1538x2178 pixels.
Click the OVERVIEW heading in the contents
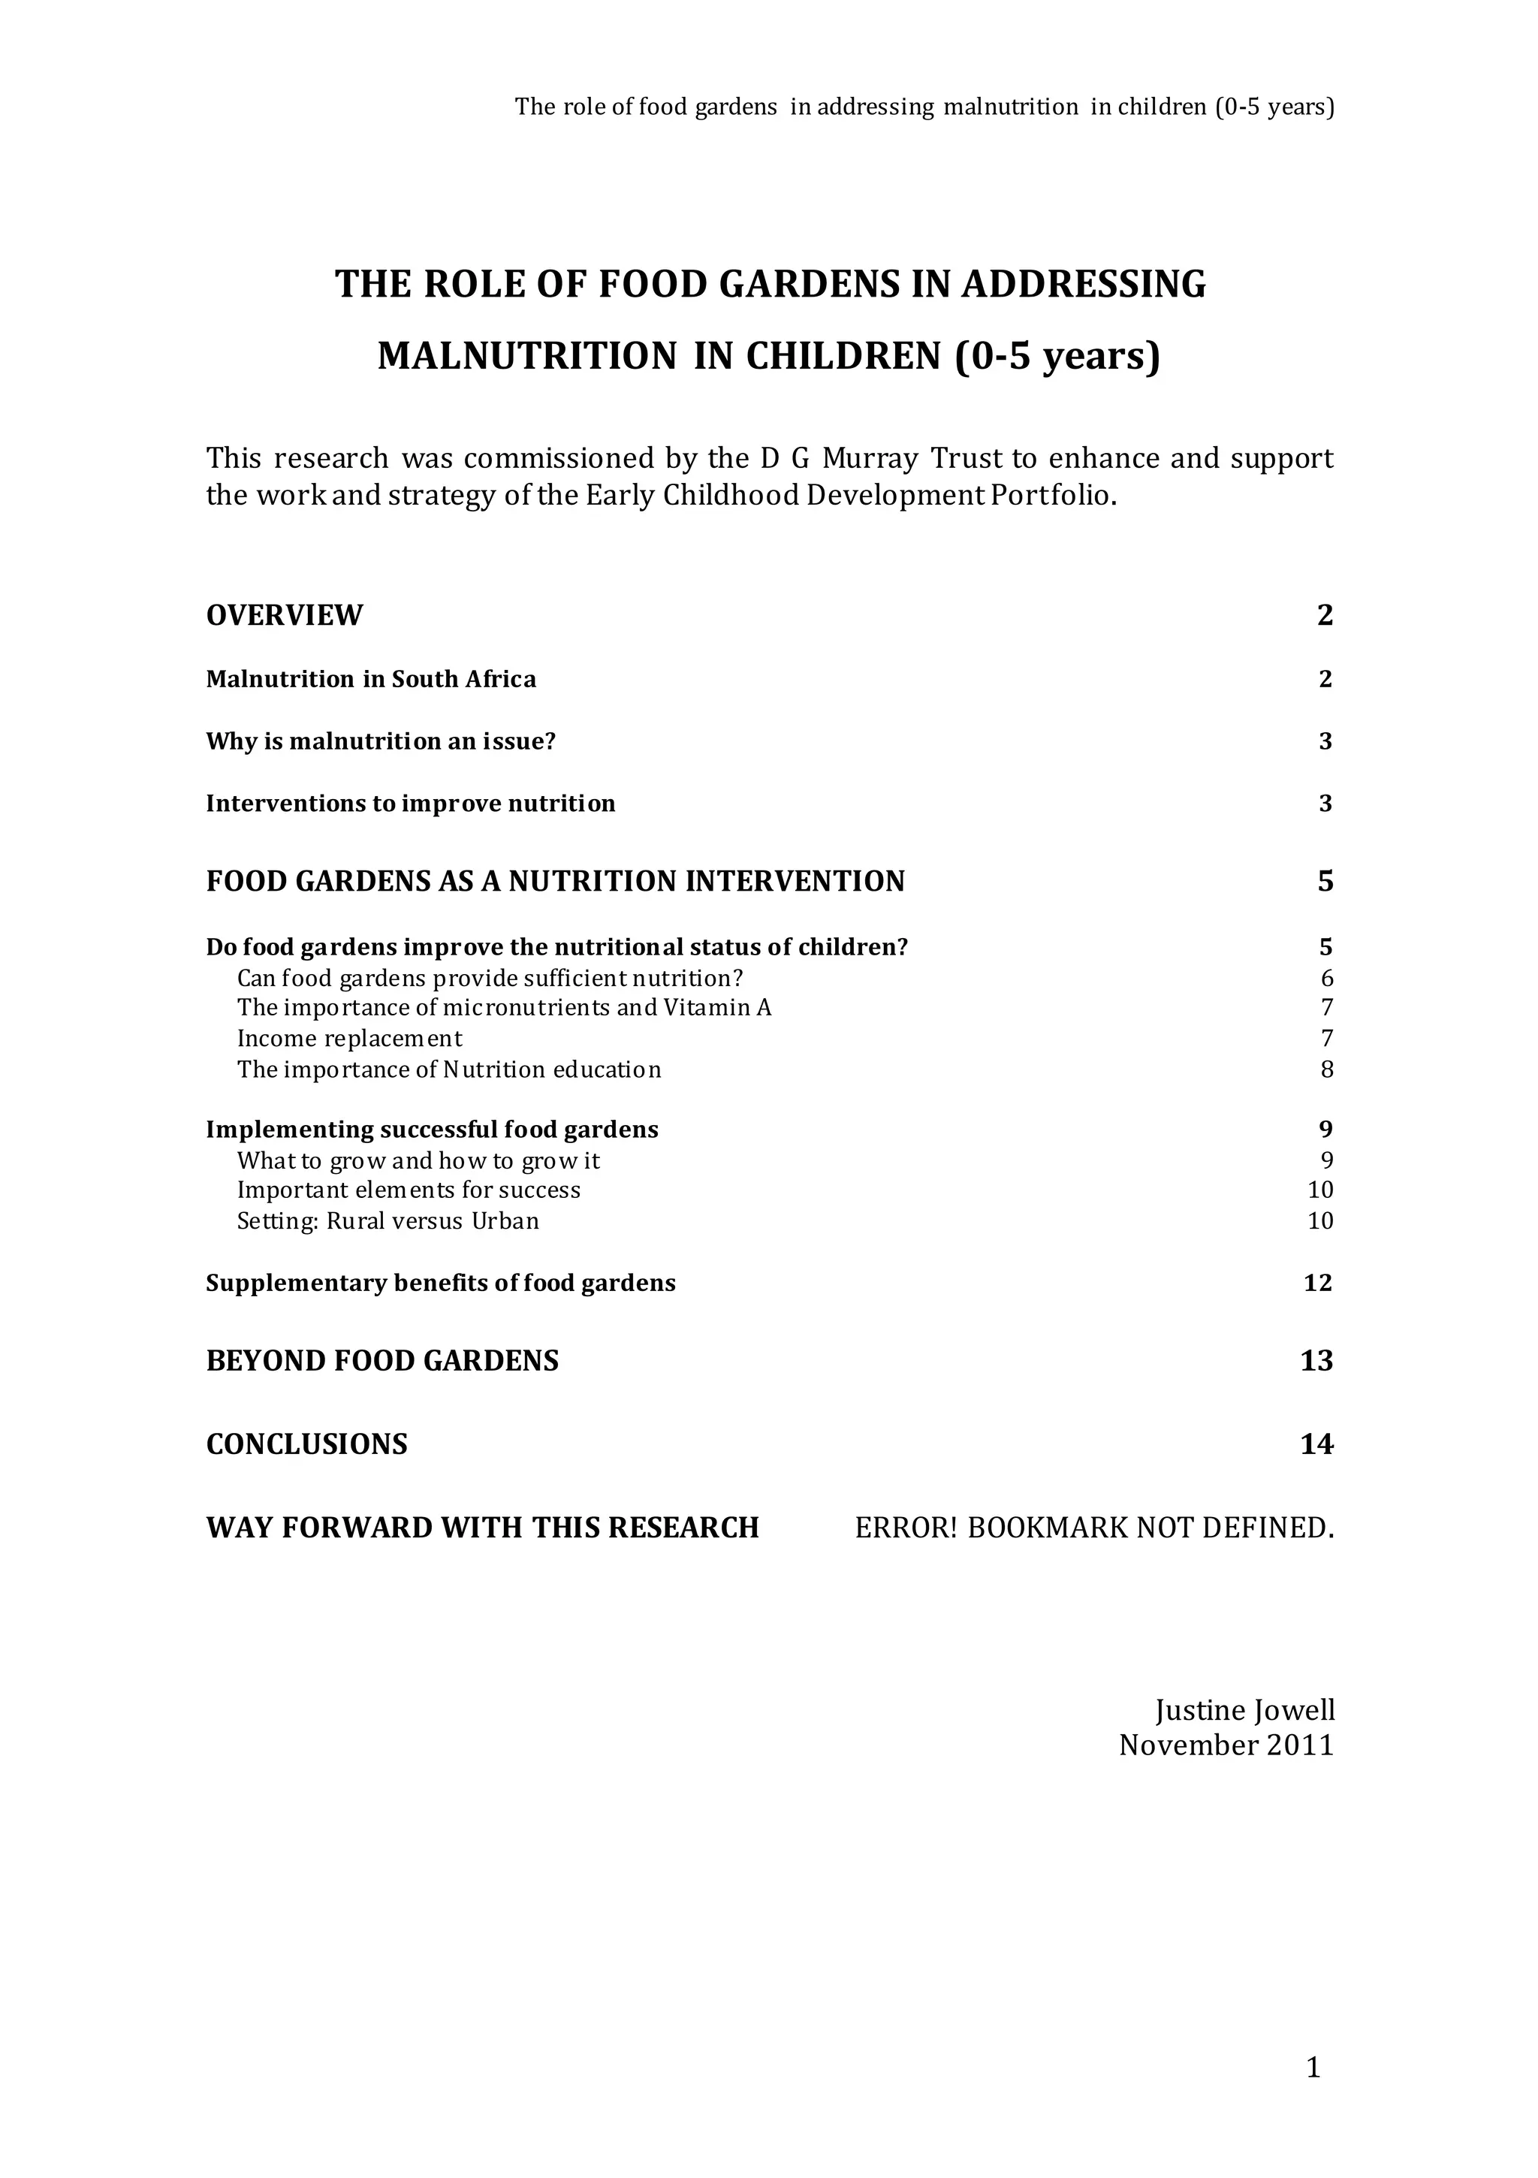pyautogui.click(x=284, y=616)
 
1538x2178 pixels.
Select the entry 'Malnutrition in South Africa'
pyautogui.click(x=371, y=679)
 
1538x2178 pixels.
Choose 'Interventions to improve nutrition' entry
pyautogui.click(x=410, y=804)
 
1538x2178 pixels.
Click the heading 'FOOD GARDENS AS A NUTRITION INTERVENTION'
pyautogui.click(x=555, y=881)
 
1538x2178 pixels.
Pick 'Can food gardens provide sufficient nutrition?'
pyautogui.click(x=490, y=978)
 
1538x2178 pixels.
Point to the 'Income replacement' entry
pyautogui.click(x=349, y=1039)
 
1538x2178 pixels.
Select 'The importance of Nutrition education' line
pyautogui.click(x=449, y=1070)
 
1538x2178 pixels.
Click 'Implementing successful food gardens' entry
pyautogui.click(x=432, y=1130)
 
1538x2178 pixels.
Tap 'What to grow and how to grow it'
pyautogui.click(x=418, y=1161)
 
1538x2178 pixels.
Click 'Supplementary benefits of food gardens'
pyautogui.click(x=440, y=1284)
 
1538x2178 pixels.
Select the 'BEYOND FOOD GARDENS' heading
pyautogui.click(x=382, y=1361)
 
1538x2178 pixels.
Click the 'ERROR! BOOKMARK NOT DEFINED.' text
pyautogui.click(x=1094, y=1528)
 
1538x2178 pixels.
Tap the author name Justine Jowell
pyautogui.click(x=1245, y=1710)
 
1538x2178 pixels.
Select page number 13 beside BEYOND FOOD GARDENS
pyautogui.click(x=1317, y=1361)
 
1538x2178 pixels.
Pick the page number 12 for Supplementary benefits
pyautogui.click(x=1318, y=1284)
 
